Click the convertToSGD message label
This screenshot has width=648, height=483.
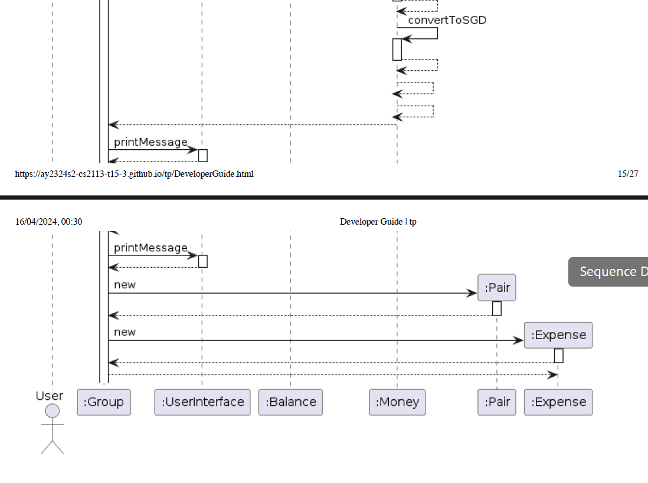(447, 20)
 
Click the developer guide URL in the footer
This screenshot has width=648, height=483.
(135, 174)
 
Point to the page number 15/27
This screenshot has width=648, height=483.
(628, 174)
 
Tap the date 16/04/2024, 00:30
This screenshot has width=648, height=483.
(49, 222)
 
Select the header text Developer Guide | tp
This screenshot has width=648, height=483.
(378, 222)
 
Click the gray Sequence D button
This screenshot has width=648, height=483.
(608, 272)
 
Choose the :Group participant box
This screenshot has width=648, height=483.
(104, 402)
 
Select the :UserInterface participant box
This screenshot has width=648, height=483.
(202, 402)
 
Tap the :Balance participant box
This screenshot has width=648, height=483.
(290, 402)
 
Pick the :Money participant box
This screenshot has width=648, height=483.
(397, 402)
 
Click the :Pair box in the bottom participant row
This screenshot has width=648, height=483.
(497, 402)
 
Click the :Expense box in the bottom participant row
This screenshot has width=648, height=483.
(558, 402)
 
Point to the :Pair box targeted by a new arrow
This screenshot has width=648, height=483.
(497, 288)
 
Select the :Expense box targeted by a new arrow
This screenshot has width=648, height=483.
(558, 335)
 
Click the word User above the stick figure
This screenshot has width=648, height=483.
(50, 396)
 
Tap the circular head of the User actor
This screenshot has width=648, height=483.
(53, 411)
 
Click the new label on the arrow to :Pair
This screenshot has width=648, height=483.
(125, 285)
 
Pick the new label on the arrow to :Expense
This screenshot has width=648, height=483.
(125, 332)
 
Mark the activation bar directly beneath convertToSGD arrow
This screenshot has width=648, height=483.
(397, 50)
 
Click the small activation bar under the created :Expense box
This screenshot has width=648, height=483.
(558, 356)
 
